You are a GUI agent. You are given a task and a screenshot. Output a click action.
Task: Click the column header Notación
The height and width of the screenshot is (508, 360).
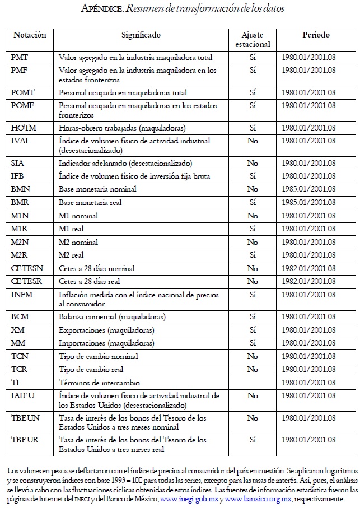click(30, 35)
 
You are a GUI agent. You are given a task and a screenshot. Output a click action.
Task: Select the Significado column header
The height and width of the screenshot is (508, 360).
click(141, 35)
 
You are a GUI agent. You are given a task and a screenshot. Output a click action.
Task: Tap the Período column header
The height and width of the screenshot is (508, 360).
click(316, 35)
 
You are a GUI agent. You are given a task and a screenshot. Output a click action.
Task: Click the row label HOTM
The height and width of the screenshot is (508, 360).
click(24, 128)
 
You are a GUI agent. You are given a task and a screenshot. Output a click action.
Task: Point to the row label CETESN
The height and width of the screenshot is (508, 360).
click(27, 268)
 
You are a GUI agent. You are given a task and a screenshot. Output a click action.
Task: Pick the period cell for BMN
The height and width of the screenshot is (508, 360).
click(308, 189)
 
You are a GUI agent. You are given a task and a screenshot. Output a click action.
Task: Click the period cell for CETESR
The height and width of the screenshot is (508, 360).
click(308, 281)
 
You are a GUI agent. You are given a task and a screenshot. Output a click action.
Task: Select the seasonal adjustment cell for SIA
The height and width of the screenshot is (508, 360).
click(253, 163)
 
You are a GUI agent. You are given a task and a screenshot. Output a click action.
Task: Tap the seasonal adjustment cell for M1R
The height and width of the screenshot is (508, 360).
click(253, 229)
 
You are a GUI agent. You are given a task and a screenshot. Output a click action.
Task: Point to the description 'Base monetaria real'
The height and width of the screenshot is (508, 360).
click(90, 202)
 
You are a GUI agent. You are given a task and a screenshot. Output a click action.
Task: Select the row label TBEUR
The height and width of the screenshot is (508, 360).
click(25, 440)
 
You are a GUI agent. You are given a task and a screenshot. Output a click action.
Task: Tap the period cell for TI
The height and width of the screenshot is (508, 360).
click(308, 383)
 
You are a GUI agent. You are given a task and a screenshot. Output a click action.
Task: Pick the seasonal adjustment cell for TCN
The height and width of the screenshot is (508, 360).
click(253, 356)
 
